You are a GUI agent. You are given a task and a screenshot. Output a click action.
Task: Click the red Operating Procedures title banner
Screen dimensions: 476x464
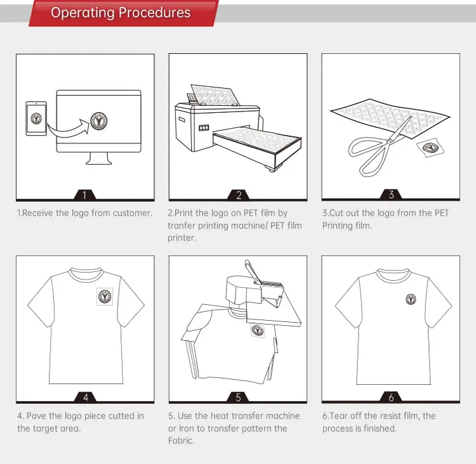pos(124,13)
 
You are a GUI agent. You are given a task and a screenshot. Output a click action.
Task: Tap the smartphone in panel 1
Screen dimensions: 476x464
pos(36,119)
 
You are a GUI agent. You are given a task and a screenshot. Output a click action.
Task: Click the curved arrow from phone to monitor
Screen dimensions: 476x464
pos(69,127)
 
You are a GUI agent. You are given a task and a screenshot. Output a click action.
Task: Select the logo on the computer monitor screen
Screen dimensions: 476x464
pos(98,121)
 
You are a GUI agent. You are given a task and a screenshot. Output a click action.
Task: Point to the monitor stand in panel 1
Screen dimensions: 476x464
pos(98,158)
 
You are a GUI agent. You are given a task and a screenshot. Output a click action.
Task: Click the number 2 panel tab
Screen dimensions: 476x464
pos(239,195)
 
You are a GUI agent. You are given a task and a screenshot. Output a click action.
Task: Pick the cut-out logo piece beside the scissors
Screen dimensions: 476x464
pos(430,148)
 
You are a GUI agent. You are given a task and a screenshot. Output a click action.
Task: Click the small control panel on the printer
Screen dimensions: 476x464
pos(204,127)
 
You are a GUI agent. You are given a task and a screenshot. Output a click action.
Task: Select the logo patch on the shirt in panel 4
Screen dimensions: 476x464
pos(105,296)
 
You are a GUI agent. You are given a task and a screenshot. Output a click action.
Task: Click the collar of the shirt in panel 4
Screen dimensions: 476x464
pos(86,274)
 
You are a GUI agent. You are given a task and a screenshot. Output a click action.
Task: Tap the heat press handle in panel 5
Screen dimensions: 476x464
pos(253,272)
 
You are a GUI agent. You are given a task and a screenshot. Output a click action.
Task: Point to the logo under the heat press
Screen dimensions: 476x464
pos(258,330)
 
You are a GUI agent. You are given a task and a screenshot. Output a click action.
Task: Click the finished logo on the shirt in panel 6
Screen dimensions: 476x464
pos(411,299)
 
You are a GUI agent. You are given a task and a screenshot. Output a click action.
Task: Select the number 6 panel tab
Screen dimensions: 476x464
pos(391,397)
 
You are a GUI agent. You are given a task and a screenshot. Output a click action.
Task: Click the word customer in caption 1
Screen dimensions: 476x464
pos(133,213)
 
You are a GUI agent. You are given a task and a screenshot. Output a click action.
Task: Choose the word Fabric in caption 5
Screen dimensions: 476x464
pos(182,441)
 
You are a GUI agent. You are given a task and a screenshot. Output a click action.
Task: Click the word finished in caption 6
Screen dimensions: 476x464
pos(379,429)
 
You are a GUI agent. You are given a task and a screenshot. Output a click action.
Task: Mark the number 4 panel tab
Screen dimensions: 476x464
pos(86,397)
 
